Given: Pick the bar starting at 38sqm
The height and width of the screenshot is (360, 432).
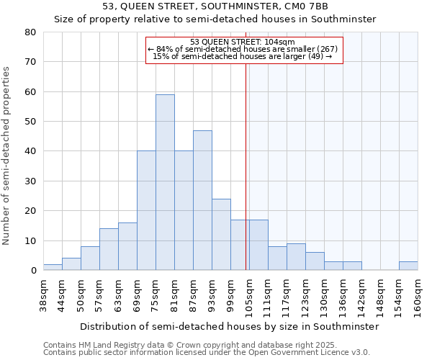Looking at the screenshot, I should tap(53, 267).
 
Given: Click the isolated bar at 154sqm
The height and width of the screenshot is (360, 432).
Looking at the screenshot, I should tap(408, 266).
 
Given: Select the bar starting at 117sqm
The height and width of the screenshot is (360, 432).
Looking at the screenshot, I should tap(296, 257).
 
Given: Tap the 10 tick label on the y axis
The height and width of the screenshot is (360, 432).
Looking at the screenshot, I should tap(32, 240).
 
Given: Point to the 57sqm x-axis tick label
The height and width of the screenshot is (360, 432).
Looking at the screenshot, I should tap(100, 294).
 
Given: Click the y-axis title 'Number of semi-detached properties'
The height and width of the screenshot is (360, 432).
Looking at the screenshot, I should tap(6, 155).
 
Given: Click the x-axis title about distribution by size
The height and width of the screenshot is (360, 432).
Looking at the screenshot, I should tap(229, 326).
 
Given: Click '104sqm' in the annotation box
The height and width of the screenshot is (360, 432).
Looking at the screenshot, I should tap(279, 42).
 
